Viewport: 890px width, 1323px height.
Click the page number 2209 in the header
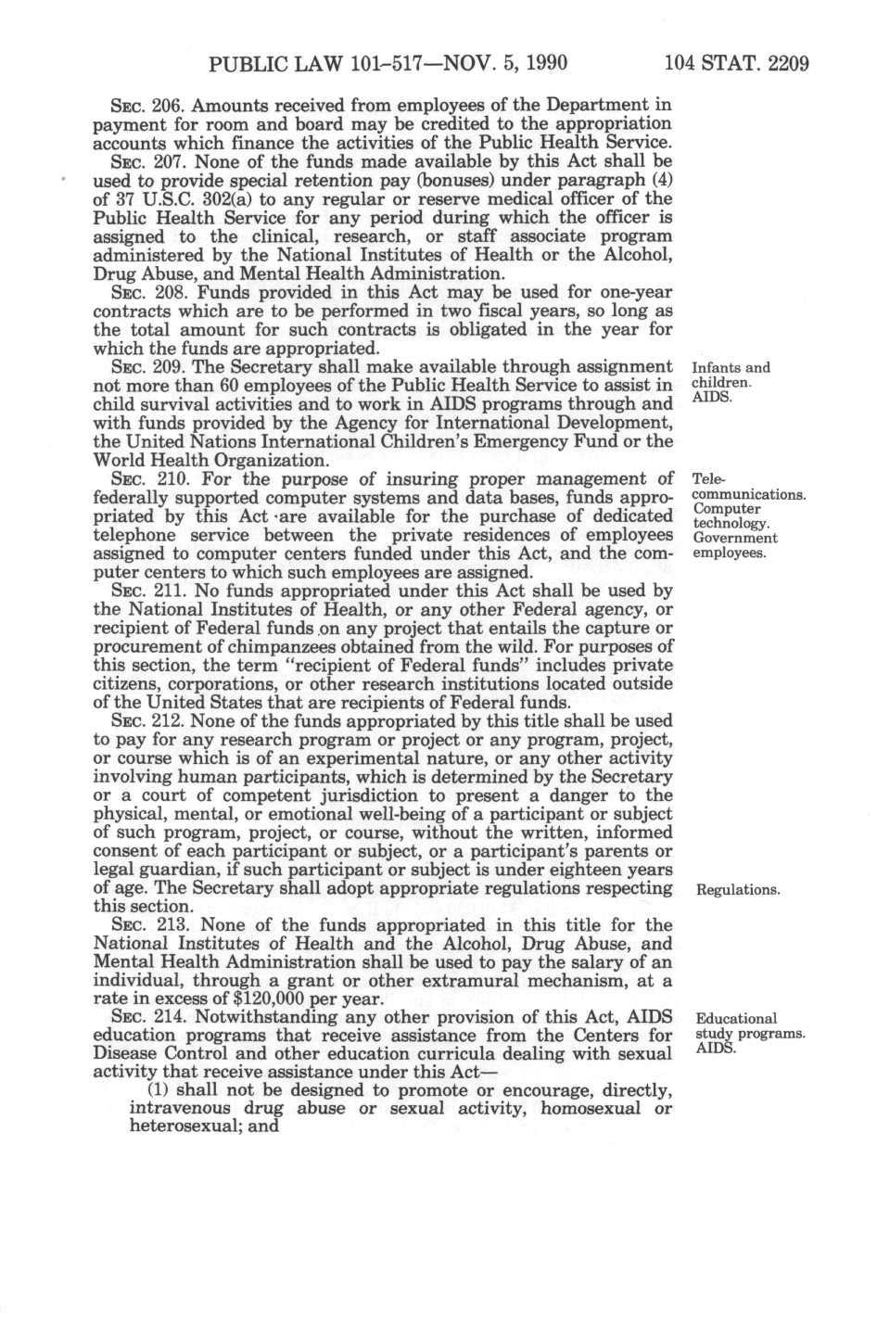(x=782, y=64)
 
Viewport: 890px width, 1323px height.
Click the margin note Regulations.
(x=738, y=890)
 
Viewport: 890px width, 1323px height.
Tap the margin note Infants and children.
(x=731, y=375)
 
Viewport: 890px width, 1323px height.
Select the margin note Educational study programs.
(x=749, y=1026)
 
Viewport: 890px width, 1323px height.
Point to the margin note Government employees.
(x=735, y=545)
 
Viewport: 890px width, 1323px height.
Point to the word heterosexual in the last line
(x=157, y=1127)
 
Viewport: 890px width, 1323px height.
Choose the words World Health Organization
(x=211, y=460)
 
